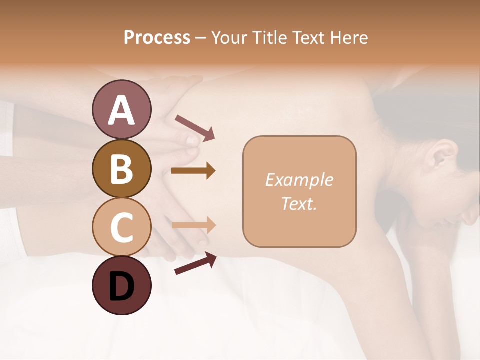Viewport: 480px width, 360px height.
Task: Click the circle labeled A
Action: [x=121, y=109]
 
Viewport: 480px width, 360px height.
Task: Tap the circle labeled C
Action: [x=121, y=227]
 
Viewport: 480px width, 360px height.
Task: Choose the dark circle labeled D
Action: [x=121, y=285]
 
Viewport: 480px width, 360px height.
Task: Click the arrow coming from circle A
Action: [x=195, y=127]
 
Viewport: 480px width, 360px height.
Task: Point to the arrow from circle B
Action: [x=193, y=171]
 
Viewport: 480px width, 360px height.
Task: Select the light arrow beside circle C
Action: [x=194, y=225]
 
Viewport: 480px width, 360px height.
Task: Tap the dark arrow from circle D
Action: [x=195, y=263]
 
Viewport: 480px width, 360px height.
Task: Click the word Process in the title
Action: [x=157, y=37]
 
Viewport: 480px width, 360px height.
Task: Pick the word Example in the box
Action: [x=299, y=180]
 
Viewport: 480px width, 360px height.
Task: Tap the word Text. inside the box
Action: [x=299, y=203]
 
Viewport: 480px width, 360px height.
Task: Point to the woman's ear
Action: [x=442, y=155]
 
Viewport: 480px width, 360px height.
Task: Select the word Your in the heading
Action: [x=228, y=37]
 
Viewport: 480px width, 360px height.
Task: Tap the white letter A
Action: [x=121, y=110]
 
